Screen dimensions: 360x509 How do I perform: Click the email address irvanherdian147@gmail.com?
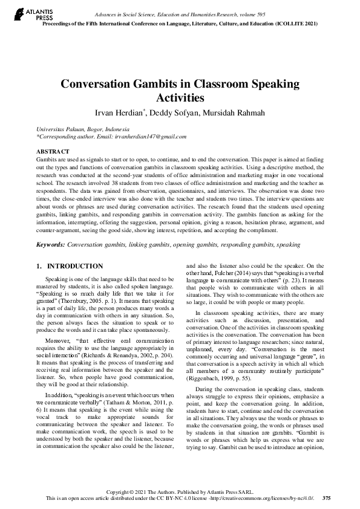[152, 137]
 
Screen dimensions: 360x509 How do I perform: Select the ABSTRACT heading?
[53, 151]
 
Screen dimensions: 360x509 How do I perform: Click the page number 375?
[327, 498]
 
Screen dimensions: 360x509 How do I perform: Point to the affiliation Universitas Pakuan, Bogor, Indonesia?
[83, 129]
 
